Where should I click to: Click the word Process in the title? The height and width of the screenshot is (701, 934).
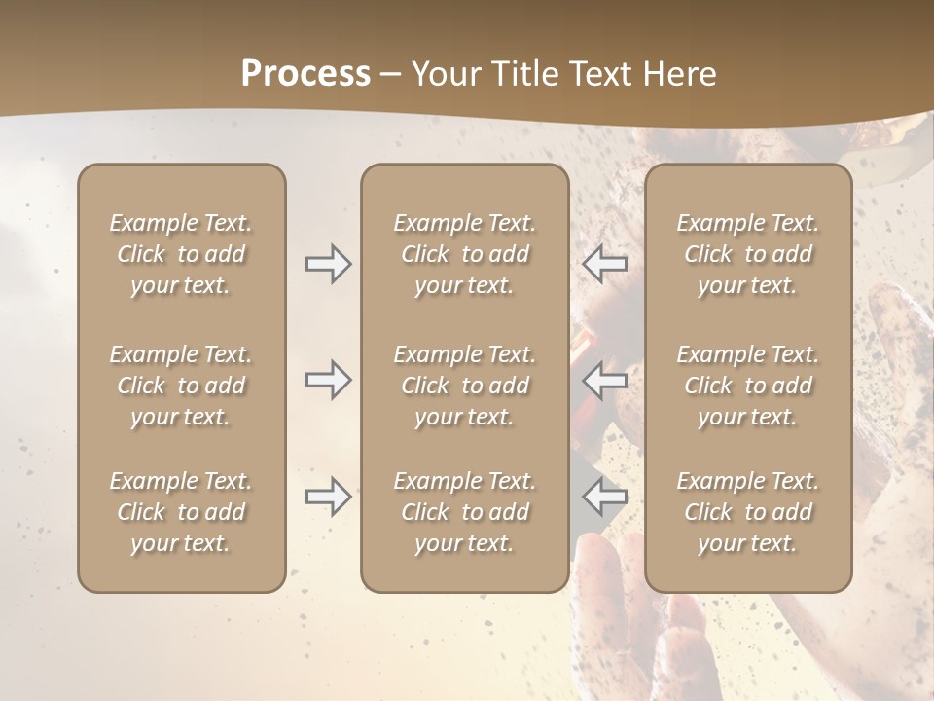305,74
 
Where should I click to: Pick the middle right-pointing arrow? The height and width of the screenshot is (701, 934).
329,380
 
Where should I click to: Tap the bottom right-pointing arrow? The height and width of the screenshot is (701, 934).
329,497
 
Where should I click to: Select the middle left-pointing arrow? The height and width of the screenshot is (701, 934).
604,380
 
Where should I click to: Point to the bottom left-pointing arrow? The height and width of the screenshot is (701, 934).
604,497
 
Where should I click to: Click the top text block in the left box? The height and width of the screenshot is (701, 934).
181,254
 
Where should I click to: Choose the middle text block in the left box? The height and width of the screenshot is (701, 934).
181,386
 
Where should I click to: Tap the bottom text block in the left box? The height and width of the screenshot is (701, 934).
181,512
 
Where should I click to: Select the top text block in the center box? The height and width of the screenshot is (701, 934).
465,254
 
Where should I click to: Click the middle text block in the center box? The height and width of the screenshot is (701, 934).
465,386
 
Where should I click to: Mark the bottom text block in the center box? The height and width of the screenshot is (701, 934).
465,512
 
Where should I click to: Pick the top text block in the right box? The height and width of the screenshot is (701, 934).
748,254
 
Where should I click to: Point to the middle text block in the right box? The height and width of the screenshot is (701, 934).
748,386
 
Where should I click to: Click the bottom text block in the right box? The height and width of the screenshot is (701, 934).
748,512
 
